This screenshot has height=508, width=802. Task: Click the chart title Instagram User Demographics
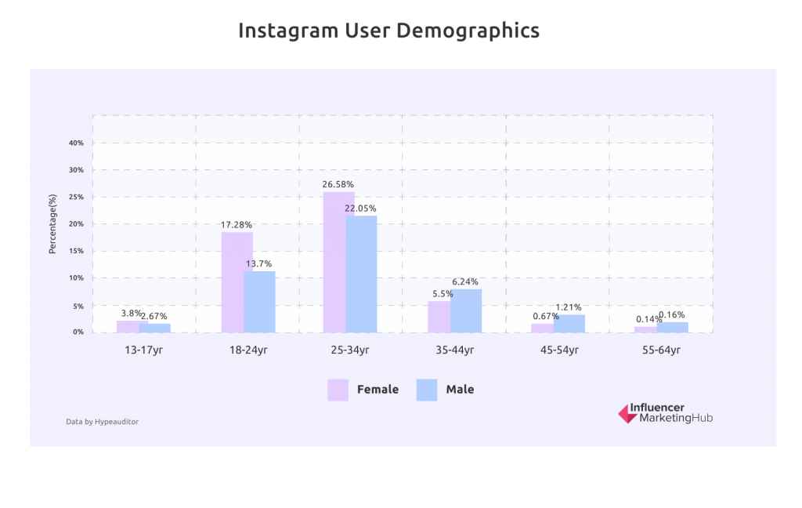pyautogui.click(x=388, y=31)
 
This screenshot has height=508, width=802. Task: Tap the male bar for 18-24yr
pyautogui.click(x=259, y=302)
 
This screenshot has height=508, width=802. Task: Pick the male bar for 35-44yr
pyautogui.click(x=466, y=310)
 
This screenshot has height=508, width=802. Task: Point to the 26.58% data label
pyautogui.click(x=338, y=184)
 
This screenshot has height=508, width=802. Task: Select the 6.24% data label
pyautogui.click(x=465, y=281)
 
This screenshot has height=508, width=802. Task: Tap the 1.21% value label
pyautogui.click(x=569, y=307)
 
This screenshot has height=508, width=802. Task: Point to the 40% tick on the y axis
pyautogui.click(x=76, y=143)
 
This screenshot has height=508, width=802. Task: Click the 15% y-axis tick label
pyautogui.click(x=76, y=251)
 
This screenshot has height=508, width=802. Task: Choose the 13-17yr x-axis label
pyautogui.click(x=143, y=350)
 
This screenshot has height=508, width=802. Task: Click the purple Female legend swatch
pyautogui.click(x=338, y=390)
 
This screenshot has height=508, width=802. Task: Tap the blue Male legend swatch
pyautogui.click(x=426, y=390)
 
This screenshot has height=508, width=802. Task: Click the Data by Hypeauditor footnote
pyautogui.click(x=102, y=422)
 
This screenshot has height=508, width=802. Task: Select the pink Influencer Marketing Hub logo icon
pyautogui.click(x=627, y=413)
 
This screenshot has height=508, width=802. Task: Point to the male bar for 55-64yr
pyautogui.click(x=673, y=327)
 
